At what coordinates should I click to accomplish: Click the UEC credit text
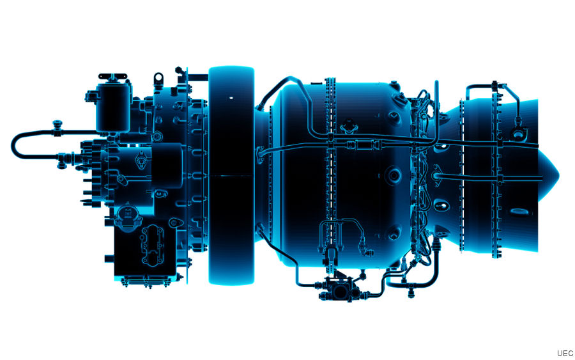(x=565, y=352)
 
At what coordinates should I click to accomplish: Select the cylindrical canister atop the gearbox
(x=113, y=111)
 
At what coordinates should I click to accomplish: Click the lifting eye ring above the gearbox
(x=158, y=79)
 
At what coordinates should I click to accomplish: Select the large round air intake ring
(x=231, y=175)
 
